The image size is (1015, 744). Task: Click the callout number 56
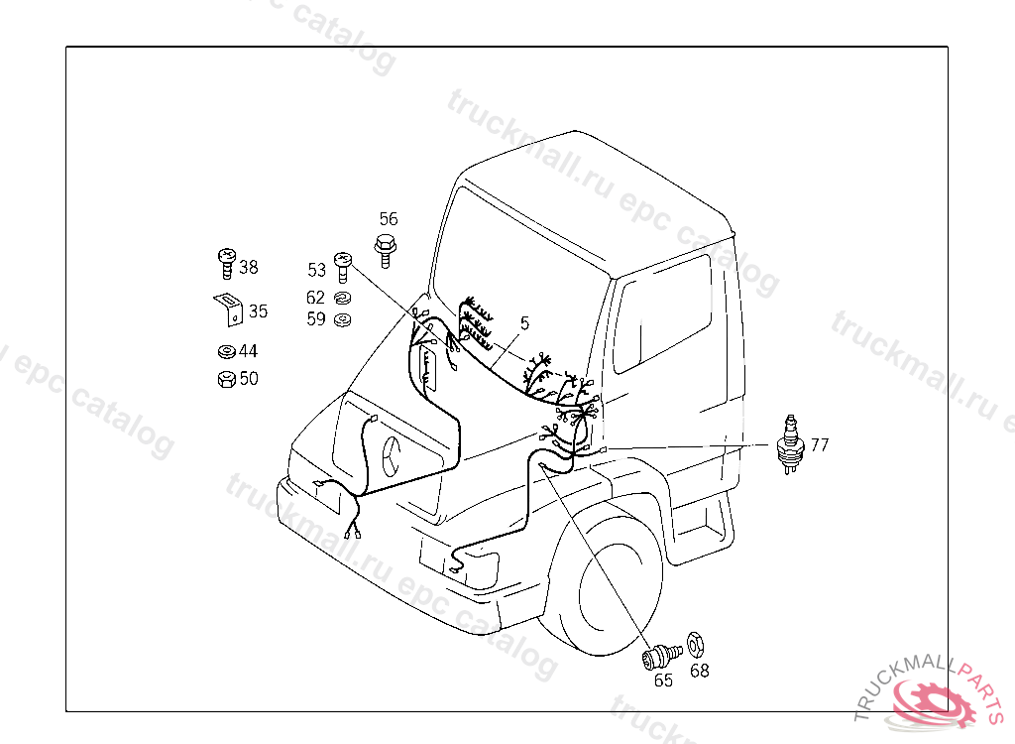[389, 219]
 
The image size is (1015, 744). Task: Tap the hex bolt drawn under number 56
[386, 251]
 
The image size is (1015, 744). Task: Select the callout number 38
[249, 267]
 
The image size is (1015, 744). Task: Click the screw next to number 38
[227, 263]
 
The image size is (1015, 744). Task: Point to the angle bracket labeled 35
[229, 309]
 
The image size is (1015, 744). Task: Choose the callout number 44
[249, 351]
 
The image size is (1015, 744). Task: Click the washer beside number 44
[227, 351]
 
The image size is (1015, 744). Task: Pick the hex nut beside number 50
[227, 379]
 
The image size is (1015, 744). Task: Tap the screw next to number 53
[343, 267]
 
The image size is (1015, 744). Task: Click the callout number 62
[315, 298]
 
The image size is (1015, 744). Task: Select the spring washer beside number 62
[342, 299]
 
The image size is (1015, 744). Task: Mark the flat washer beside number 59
[342, 319]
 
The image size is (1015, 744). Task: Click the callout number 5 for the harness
[524, 322]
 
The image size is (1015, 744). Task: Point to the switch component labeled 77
[790, 444]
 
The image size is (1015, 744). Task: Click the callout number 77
[820, 445]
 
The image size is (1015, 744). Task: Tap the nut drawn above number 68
[696, 644]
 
